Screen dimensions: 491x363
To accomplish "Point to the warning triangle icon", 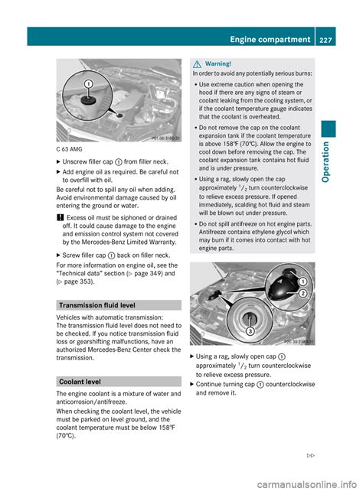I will tap(197, 63).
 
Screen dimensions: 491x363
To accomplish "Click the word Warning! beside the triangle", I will tap(219, 63).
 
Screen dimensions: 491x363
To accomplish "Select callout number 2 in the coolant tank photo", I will tap(302, 294).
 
